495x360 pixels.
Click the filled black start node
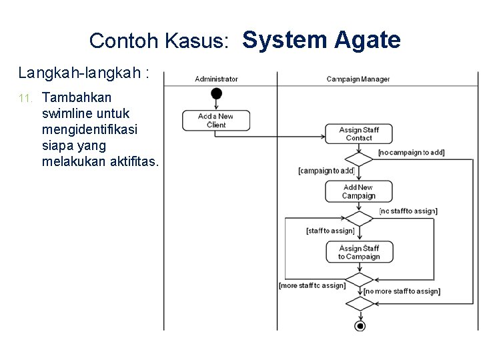point(216,93)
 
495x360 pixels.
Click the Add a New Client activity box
point(216,120)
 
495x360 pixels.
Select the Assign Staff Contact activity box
point(359,134)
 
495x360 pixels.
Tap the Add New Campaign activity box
point(359,191)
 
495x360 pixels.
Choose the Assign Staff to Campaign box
point(359,252)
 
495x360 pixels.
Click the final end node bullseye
point(360,325)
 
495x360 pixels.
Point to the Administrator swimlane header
point(216,79)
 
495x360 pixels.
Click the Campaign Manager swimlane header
point(358,79)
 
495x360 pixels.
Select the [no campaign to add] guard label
point(411,153)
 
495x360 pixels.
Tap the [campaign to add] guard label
point(326,171)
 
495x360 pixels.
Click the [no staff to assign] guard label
point(408,211)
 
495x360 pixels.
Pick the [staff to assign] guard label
point(330,231)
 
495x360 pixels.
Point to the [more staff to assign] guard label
point(312,285)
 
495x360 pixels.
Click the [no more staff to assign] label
point(402,291)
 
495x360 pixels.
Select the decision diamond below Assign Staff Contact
point(359,159)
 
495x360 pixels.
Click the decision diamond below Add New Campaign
point(359,218)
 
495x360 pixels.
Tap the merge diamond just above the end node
point(360,303)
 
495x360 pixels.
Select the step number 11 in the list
point(25,99)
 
